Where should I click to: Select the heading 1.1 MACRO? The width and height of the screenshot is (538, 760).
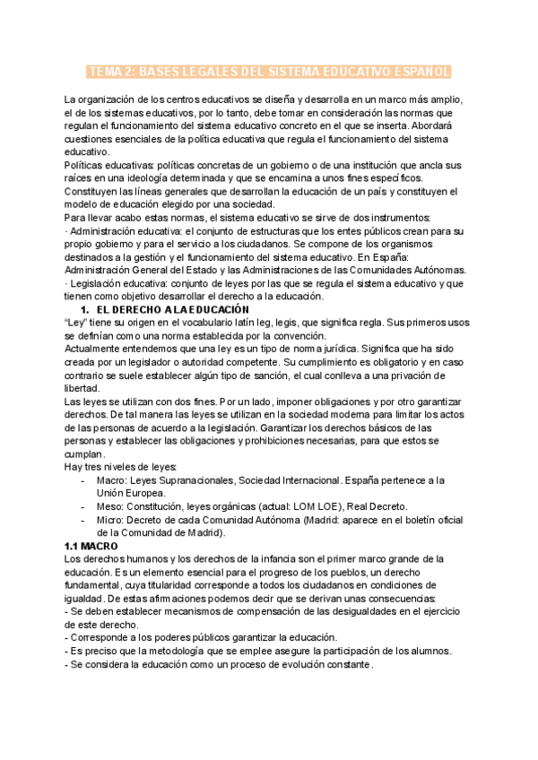click(93, 546)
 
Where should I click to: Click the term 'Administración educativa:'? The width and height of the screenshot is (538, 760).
click(119, 230)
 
